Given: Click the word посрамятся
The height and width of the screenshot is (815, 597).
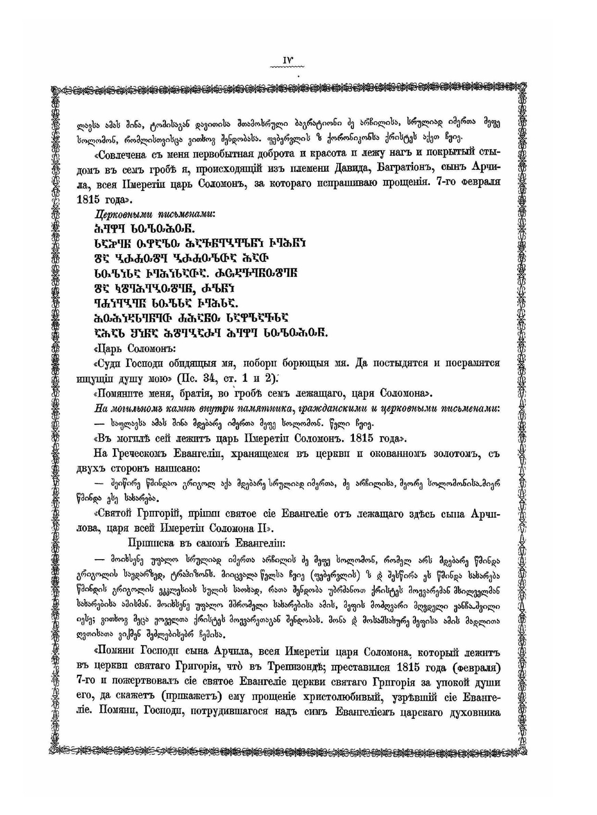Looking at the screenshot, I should coord(469,363).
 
